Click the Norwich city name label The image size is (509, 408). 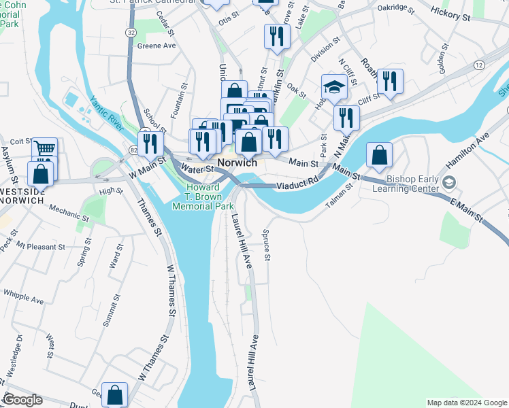(237, 163)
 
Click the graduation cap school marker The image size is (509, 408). (335, 88)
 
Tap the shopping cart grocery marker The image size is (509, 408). (44, 149)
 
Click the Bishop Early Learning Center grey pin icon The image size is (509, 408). (448, 182)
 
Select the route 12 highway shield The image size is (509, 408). (479, 65)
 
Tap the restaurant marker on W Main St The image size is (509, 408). (150, 143)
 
